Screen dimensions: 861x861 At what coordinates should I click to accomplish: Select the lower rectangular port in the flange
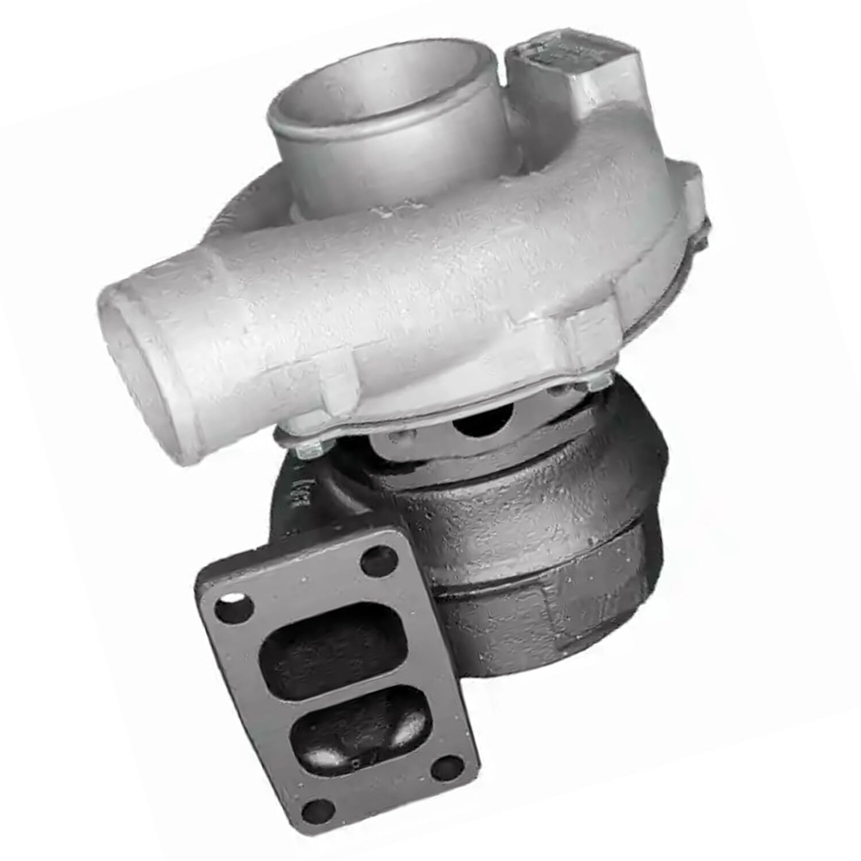point(367,740)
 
